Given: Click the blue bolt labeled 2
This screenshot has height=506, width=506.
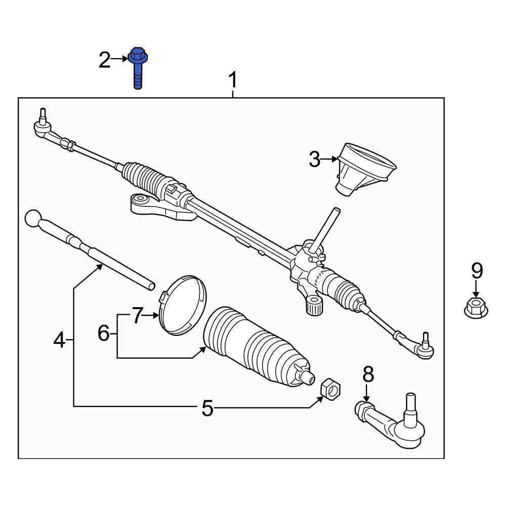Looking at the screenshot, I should point(137,68).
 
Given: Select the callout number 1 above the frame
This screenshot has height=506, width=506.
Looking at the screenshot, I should point(232,80).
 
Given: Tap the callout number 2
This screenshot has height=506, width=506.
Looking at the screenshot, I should point(104,60).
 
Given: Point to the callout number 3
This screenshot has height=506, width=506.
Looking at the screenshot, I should point(314,160).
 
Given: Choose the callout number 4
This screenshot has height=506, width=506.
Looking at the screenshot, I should point(59,341).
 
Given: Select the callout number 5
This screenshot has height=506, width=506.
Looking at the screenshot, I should point(207,408).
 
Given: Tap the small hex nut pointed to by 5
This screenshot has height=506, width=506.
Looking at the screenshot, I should point(331,389).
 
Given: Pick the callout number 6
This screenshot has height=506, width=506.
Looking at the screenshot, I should point(103,333).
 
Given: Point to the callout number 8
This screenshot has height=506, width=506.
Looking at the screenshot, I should point(368,375).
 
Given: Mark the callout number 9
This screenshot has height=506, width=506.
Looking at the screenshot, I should point(477,271).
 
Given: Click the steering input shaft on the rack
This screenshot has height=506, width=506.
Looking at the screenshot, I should point(324,228).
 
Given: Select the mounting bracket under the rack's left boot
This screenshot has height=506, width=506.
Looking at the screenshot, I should point(157,207).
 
